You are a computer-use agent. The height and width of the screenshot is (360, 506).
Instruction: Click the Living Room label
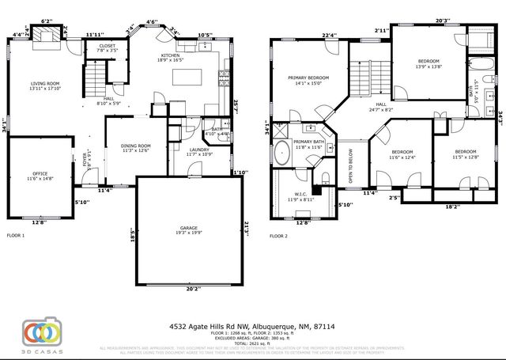46,85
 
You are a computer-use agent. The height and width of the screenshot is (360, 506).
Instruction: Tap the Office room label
40,176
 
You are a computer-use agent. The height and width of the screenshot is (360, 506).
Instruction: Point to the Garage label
187,230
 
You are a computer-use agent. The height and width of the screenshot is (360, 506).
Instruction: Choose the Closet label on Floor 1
107,48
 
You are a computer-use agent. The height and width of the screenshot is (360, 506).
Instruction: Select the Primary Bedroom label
308,79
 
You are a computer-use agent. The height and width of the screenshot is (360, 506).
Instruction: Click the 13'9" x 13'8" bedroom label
429,64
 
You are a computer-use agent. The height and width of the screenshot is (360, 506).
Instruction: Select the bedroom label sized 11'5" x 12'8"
466,154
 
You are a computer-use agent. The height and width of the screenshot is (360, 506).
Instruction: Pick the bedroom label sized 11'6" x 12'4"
402,155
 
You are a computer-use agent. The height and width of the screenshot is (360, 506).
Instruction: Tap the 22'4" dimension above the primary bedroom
330,35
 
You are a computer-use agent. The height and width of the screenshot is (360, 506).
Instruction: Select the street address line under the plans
252,325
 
